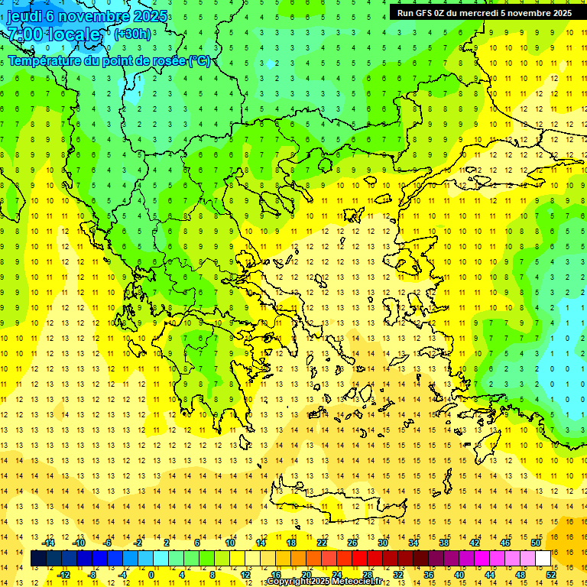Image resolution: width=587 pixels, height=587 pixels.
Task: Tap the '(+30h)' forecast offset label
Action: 131,34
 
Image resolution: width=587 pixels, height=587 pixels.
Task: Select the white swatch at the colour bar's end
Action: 543,559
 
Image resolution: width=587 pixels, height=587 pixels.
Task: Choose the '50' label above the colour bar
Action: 535,543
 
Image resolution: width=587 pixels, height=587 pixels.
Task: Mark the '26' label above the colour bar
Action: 352,543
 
